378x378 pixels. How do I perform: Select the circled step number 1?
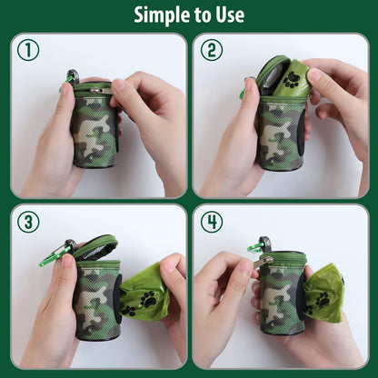[x=28, y=51]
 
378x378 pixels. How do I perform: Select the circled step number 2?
[x=211, y=51]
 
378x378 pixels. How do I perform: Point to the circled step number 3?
[x=28, y=223]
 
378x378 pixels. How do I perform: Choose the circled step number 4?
[x=211, y=223]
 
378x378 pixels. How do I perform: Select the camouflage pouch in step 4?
[x=283, y=295]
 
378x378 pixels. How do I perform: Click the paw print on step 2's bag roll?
[x=291, y=79]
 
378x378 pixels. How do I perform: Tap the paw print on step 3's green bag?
[x=146, y=299]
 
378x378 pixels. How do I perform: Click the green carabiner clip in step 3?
[x=55, y=254]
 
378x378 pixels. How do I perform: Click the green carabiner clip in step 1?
[x=70, y=78]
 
